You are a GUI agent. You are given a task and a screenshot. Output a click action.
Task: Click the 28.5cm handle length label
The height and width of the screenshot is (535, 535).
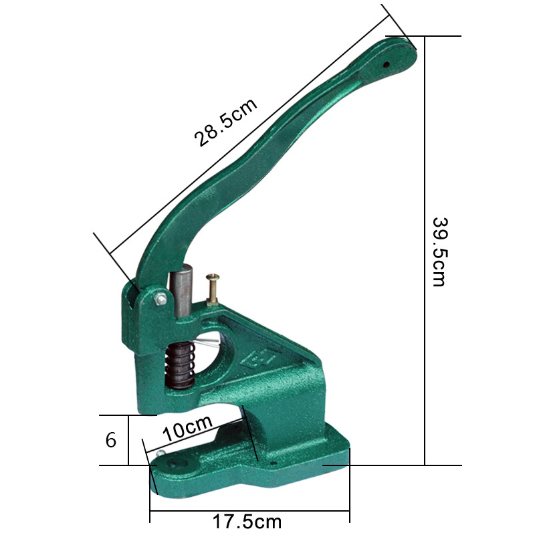tap(225, 123)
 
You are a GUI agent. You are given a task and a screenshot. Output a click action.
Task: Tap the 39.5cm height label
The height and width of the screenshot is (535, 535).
tap(439, 252)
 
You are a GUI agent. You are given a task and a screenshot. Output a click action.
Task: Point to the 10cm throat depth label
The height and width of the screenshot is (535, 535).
tap(187, 428)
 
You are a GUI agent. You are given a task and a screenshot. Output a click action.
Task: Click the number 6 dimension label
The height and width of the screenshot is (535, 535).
tap(111, 440)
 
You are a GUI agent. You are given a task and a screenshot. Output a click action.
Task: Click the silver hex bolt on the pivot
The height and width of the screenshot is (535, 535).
tap(160, 299)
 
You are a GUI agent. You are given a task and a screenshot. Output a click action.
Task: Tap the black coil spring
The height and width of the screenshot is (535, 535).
tap(180, 366)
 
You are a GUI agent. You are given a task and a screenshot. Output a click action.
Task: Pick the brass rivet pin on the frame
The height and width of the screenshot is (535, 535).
tap(213, 289)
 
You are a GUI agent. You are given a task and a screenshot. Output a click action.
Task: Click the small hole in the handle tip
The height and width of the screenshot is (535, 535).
tap(387, 64)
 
